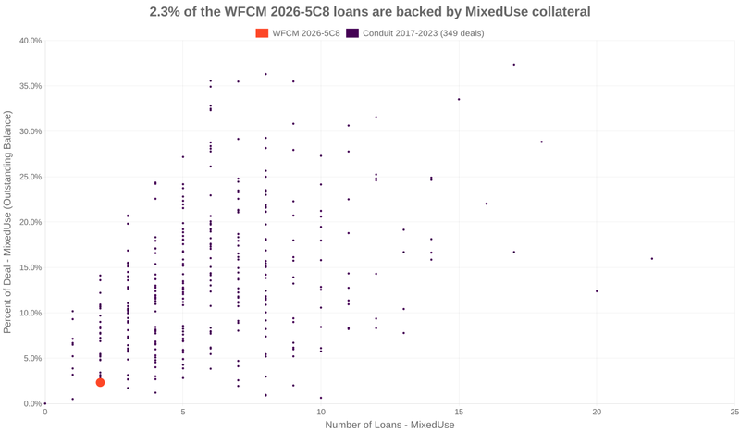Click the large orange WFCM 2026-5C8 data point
pos(100,382)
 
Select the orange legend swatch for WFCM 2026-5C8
pos(262,33)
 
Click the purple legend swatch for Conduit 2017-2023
pos(352,33)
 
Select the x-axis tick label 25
pos(734,412)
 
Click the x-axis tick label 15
pos(458,412)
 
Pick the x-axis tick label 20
pos(596,412)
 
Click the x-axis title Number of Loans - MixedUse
pos(389,425)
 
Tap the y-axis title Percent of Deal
pos(8,222)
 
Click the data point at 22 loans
pos(652,259)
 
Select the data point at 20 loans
pos(597,291)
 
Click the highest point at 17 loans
pos(513,65)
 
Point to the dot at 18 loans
pos(541,142)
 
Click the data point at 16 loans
pos(487,204)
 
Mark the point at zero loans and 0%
pos(45,403)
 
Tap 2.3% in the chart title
pos(167,12)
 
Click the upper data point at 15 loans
pos(459,99)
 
